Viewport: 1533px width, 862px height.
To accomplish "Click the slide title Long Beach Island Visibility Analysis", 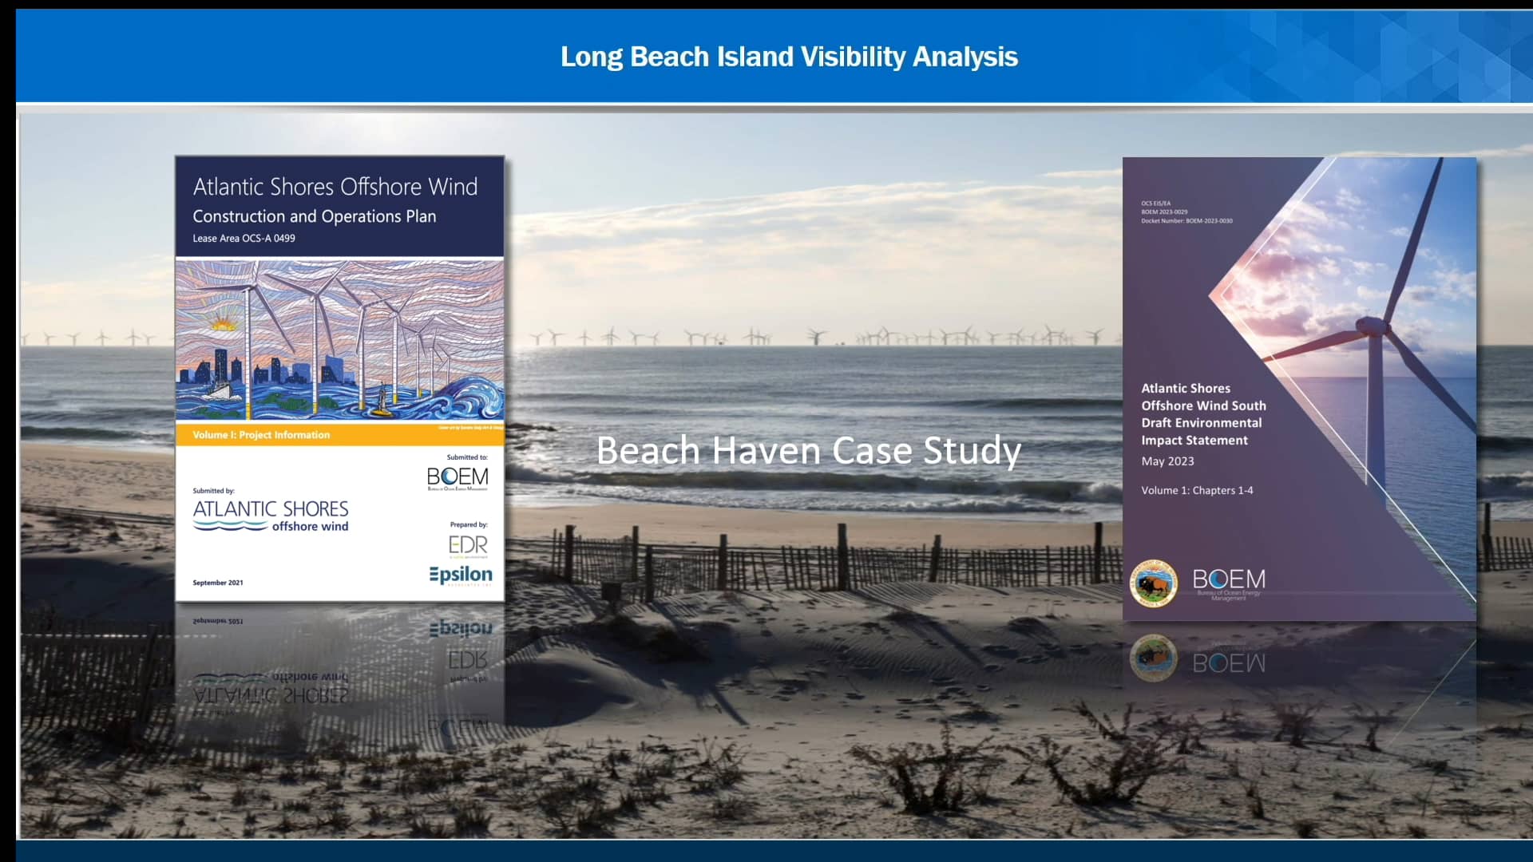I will (789, 57).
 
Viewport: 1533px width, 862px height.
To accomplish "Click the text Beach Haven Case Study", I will (808, 451).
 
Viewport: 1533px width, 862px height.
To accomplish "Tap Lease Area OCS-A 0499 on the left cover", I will (244, 239).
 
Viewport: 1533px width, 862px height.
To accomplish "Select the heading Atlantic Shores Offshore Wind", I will (335, 187).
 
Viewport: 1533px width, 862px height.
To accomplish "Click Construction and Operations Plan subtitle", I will (314, 216).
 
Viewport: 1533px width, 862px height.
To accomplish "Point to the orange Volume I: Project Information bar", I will (339, 434).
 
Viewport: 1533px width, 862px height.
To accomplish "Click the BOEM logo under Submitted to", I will (458, 477).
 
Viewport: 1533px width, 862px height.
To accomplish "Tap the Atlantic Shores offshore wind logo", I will (271, 515).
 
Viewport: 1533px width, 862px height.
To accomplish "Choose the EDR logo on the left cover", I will (468, 546).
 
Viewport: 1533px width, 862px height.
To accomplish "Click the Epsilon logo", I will (461, 575).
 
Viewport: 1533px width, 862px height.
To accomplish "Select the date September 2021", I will (218, 583).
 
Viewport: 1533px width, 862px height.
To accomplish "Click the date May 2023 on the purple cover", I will (1167, 461).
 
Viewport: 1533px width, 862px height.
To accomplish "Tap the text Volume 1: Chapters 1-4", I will (1197, 490).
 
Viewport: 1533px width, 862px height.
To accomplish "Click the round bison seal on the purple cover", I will (1154, 583).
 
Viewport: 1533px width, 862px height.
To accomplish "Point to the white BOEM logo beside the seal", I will (1229, 580).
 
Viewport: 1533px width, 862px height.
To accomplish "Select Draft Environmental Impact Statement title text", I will (1202, 414).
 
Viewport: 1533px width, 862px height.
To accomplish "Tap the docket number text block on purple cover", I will (1186, 212).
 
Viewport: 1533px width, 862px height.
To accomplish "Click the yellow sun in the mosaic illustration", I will (222, 323).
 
